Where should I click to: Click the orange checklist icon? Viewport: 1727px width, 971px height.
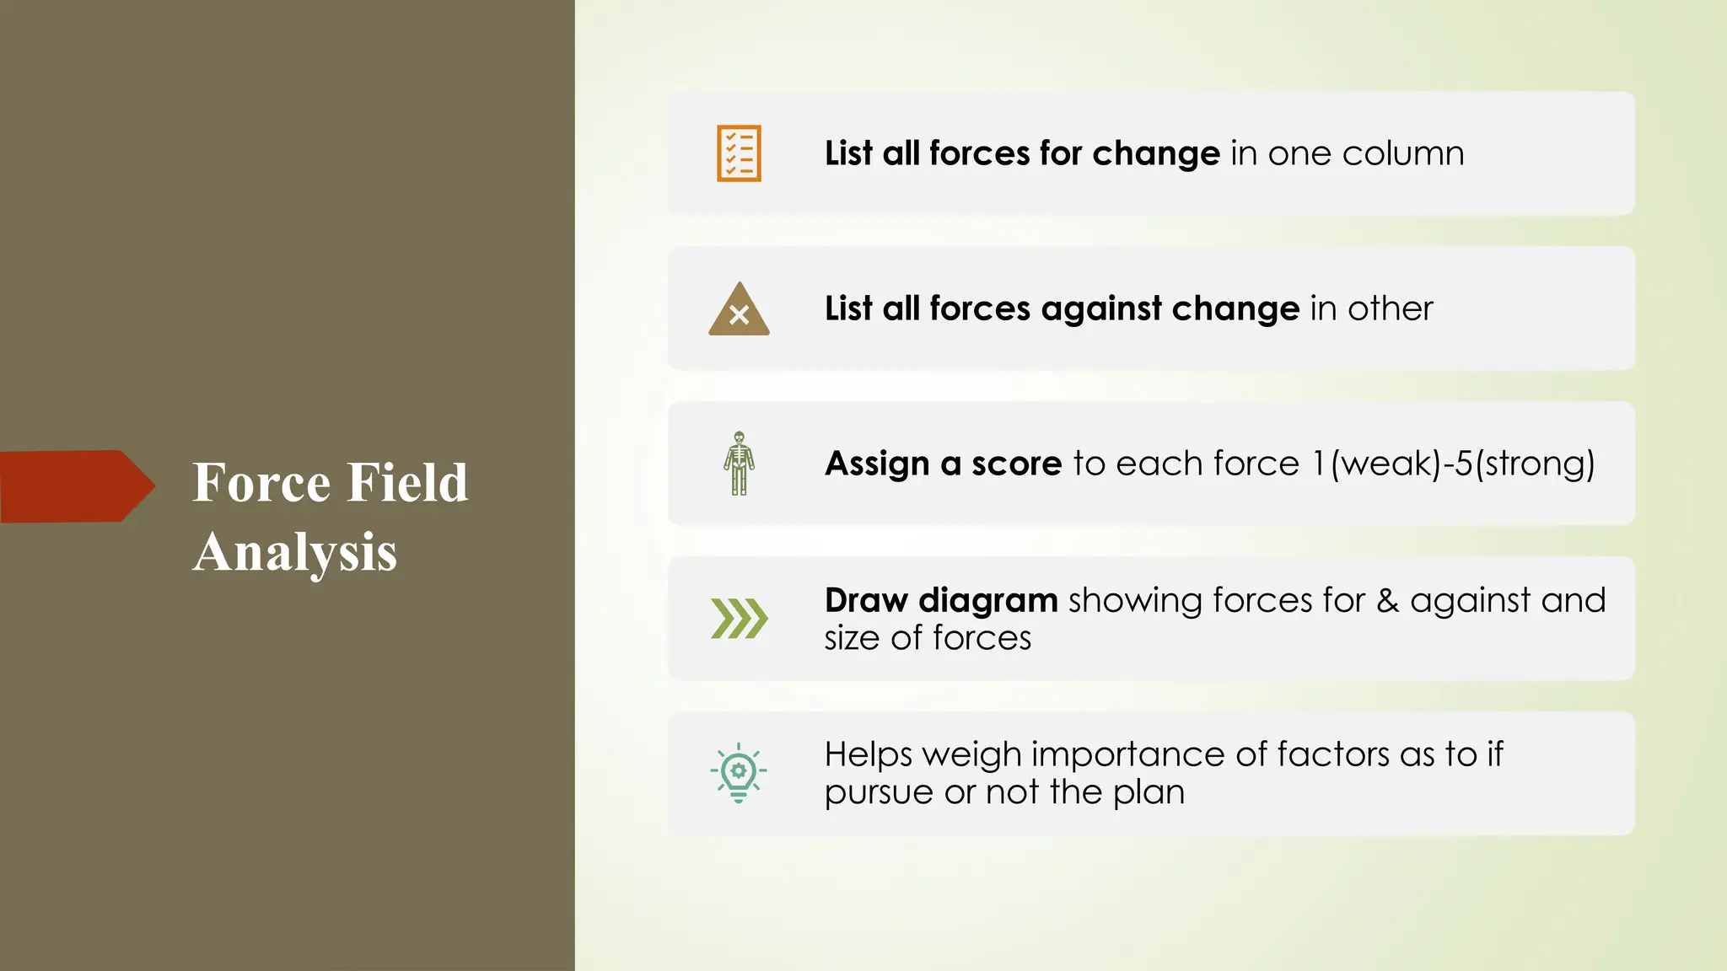tap(739, 153)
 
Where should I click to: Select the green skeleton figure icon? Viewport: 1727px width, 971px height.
tap(739, 463)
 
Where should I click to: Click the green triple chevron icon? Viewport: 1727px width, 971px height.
tap(739, 619)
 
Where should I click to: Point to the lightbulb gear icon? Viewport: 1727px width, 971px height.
tap(739, 772)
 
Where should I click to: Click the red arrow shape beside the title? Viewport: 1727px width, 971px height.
tap(76, 486)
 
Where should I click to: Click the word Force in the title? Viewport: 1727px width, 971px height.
tap(261, 483)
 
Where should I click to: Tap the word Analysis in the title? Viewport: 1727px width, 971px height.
tap(294, 553)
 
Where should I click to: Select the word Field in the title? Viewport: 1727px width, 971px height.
tap(407, 483)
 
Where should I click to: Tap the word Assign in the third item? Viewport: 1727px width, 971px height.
tap(877, 464)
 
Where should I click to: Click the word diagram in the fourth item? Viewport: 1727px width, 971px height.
tap(987, 601)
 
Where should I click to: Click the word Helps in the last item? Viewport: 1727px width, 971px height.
tap(868, 754)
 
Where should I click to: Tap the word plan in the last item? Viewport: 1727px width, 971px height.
tap(1149, 793)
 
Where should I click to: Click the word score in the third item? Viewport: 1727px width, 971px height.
tap(1016, 464)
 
